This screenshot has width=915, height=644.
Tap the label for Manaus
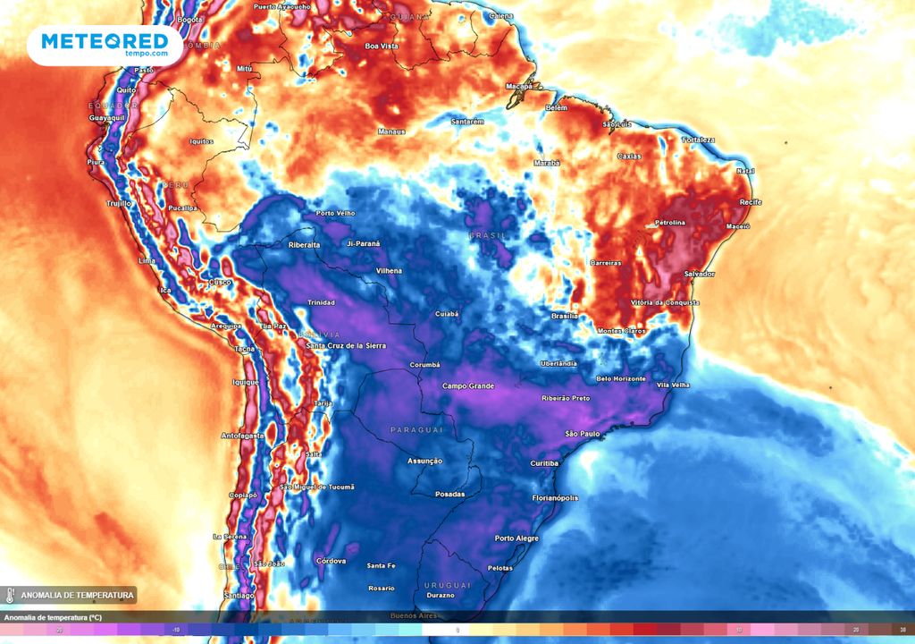(391, 131)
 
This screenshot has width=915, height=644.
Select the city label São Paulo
(582, 434)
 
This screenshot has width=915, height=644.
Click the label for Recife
(751, 202)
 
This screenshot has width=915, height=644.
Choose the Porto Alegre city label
(516, 538)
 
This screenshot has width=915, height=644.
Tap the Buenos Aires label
(413, 616)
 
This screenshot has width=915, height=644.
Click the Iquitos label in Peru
(202, 141)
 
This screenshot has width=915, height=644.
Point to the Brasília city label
(565, 316)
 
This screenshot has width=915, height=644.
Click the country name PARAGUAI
(417, 430)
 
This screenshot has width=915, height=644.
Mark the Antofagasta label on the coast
(242, 436)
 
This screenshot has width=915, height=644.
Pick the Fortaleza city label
(699, 140)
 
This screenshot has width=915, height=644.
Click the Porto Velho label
(336, 214)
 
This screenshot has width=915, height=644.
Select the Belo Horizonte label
(621, 378)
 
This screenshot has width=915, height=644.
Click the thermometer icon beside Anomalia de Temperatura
(9, 595)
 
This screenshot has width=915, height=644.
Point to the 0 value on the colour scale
(457, 630)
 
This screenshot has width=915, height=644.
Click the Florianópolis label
(555, 498)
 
